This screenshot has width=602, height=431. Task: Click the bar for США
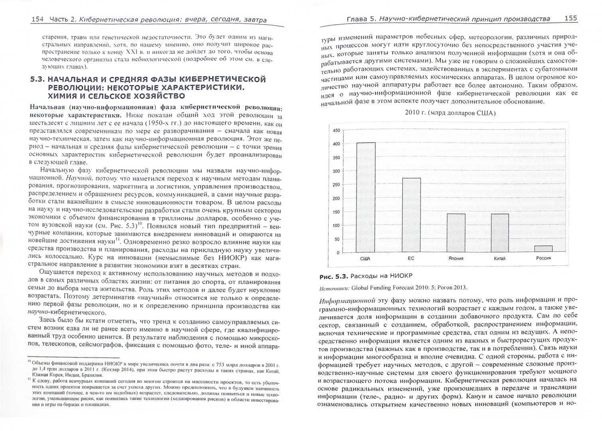365,197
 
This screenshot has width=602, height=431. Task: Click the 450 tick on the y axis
336,130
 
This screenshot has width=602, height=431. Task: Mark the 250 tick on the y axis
336,185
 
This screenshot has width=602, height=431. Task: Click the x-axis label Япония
456,259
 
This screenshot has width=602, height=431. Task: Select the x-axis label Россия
543,258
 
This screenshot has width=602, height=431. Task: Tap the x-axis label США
365,259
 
